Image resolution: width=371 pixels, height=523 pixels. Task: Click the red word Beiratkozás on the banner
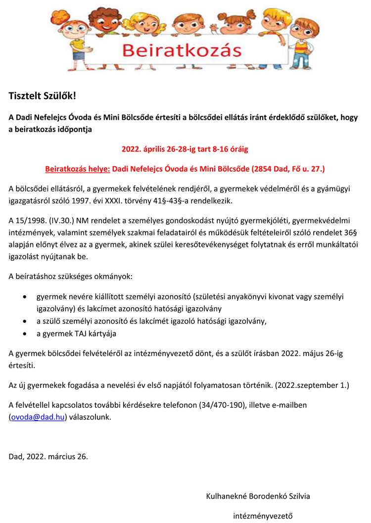point(182,51)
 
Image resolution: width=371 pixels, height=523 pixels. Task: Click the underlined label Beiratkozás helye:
point(78,169)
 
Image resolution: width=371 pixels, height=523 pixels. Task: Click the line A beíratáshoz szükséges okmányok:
point(70,276)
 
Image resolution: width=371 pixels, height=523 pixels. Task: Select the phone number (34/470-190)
point(222,405)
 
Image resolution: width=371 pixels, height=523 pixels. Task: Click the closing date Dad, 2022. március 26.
point(48,456)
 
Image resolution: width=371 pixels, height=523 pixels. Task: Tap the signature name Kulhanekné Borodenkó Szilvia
point(258,496)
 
